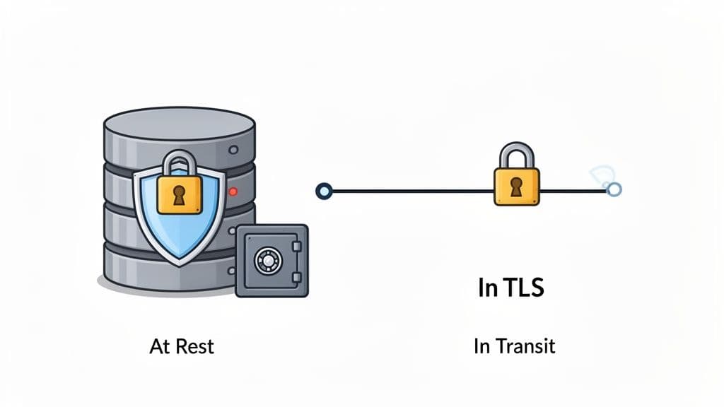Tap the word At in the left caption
tap(160, 346)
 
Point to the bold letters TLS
tap(524, 289)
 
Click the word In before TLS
tap(486, 289)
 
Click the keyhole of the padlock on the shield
tap(180, 195)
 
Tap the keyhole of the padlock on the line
tap(516, 186)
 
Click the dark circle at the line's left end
tap(324, 190)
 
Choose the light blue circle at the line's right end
tap(614, 189)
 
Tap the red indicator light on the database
tap(233, 191)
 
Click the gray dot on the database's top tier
tap(233, 150)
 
